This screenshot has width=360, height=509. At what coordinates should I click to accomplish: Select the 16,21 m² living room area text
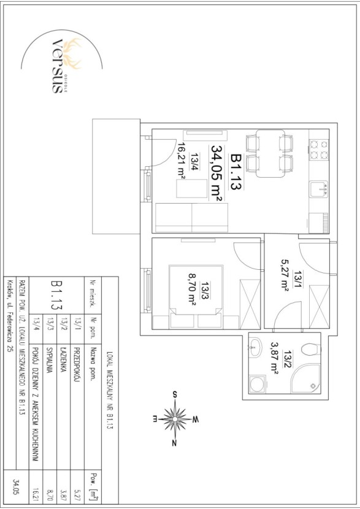tap(181, 159)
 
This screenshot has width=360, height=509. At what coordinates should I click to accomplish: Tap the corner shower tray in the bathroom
tap(306, 378)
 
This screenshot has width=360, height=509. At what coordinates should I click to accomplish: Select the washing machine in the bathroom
tap(258, 384)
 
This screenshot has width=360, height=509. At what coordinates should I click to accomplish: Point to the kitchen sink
tap(319, 189)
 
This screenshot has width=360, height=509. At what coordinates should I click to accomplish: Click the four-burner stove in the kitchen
tap(319, 150)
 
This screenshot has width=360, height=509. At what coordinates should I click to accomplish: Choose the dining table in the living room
tap(270, 153)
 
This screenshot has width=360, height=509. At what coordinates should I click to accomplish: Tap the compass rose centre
tap(175, 419)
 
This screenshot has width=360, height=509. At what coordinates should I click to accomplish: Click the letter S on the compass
tap(175, 395)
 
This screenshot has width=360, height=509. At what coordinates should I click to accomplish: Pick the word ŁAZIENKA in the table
tap(64, 360)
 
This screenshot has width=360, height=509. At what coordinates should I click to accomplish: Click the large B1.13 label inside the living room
tap(237, 172)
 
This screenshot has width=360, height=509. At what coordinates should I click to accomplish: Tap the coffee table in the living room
tap(191, 188)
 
